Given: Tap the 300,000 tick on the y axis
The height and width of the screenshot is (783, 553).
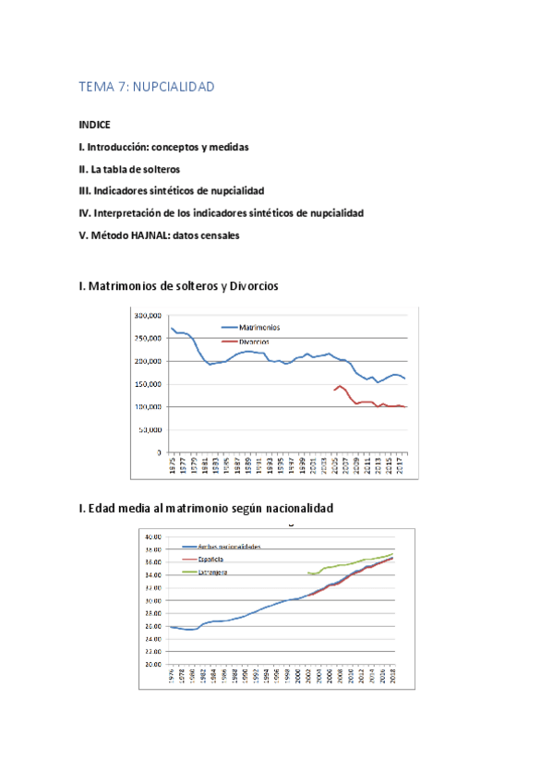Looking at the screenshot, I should pos(148,316).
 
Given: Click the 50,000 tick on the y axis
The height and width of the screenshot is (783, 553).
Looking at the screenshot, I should pos(150,430).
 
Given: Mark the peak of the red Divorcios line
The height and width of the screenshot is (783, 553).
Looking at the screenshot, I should pos(340,386).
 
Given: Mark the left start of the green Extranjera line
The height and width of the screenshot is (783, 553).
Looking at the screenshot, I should pos(308,573).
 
